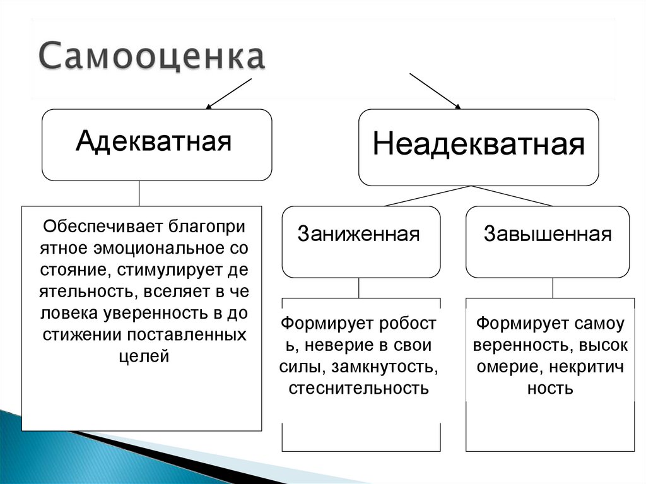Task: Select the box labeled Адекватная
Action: click(156, 145)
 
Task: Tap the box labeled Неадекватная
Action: click(478, 146)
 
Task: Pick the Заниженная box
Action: click(360, 241)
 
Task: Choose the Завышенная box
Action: click(547, 241)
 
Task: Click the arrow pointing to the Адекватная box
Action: click(228, 93)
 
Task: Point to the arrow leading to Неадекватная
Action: click(435, 90)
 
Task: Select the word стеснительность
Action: click(359, 387)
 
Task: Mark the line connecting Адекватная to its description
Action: click(139, 194)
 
